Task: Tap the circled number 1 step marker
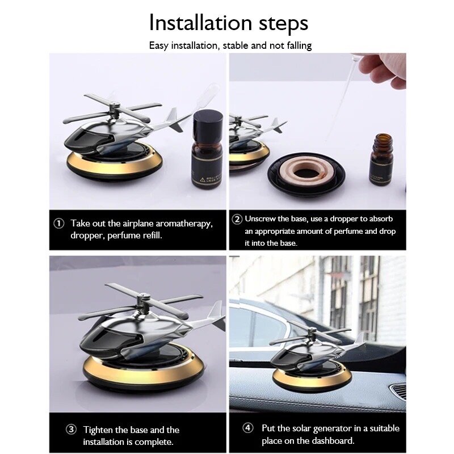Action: click(59, 224)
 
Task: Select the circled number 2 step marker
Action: click(237, 219)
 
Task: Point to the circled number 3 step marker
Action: click(72, 430)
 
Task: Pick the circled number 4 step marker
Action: click(247, 428)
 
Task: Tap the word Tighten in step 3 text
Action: click(98, 430)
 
